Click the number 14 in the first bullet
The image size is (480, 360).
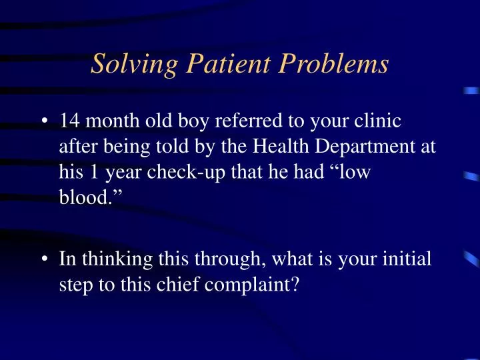69,121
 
